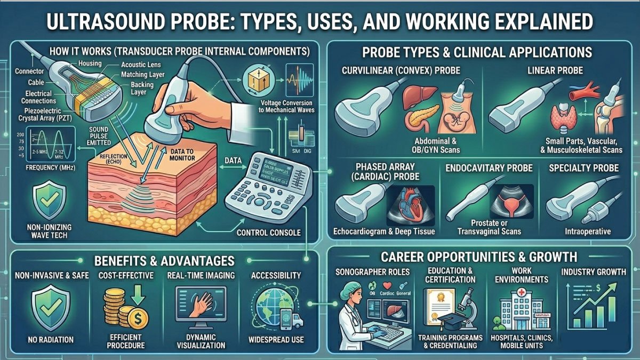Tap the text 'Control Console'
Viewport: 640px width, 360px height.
pos(269,233)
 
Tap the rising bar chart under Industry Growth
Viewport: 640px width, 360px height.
pos(594,310)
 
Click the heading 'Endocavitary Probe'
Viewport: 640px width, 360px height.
pos(488,168)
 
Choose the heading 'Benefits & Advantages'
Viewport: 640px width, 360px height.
pos(164,260)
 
